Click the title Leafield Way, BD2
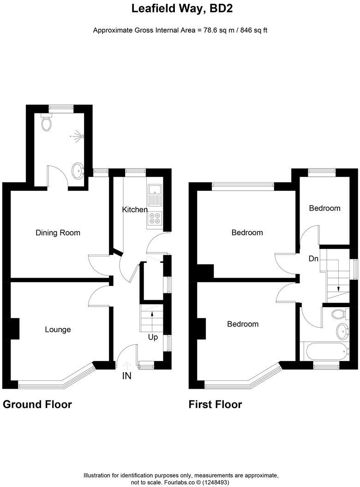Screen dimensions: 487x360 coord(180,8)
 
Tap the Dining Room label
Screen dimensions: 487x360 coord(58,233)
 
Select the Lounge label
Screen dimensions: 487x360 coord(58,329)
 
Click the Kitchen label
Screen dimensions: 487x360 coord(134,210)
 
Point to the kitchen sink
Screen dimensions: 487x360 coord(154,195)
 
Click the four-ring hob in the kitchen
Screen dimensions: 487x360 coord(154,218)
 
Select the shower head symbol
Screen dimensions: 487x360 coord(77,136)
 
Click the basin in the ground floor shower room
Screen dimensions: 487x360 coord(78,171)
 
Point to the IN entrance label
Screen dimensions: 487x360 coord(126,376)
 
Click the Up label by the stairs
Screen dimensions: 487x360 coord(153,337)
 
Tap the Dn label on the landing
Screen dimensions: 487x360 coord(313,259)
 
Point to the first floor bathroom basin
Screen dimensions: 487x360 coord(342,331)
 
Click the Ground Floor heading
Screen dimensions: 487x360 coord(37,404)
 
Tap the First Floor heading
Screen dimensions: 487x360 coord(215,404)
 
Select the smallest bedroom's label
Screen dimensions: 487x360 coord(324,208)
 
